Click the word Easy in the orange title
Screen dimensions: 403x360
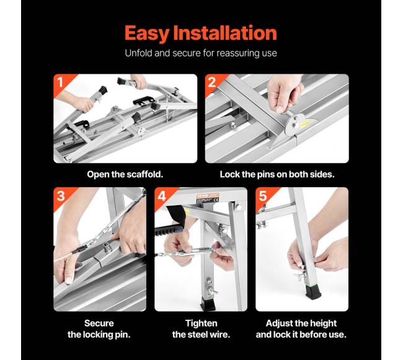click(147, 33)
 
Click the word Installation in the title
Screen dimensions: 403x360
click(225, 33)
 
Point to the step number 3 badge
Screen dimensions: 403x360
click(61, 196)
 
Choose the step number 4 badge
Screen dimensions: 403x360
click(162, 196)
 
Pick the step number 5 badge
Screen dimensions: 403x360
click(263, 196)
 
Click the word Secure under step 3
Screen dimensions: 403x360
click(99, 323)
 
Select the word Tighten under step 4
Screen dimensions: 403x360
click(201, 323)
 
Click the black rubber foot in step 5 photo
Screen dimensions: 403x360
click(312, 293)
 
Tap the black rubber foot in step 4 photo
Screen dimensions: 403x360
click(208, 304)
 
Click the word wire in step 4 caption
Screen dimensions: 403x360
click(220, 335)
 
